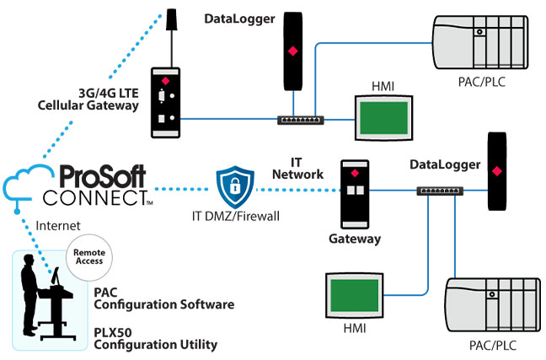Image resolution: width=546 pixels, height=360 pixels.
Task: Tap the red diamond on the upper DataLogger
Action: point(292,52)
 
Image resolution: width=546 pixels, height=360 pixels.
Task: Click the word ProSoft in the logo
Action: point(101,177)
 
